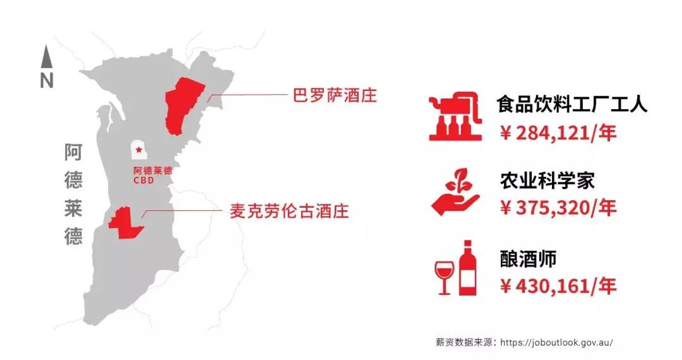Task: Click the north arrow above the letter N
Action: (46, 57)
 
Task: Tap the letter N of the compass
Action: (47, 81)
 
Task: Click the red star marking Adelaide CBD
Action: (139, 150)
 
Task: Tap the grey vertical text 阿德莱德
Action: (73, 194)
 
